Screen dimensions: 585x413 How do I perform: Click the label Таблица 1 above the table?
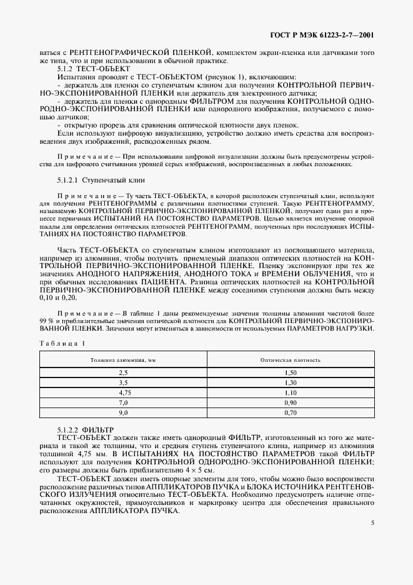pos(61,343)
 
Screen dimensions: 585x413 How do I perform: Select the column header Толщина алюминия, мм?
pos(123,360)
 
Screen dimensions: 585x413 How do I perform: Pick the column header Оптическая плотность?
pos(290,360)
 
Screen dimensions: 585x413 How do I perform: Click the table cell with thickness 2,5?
pos(123,372)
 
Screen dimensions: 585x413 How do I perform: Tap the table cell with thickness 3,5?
pos(123,382)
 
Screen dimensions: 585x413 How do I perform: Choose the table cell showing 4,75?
pos(123,392)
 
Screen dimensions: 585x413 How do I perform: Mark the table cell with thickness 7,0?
pos(123,403)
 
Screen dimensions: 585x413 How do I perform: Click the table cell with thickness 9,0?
pos(123,413)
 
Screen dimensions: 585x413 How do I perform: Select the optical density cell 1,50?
pos(290,372)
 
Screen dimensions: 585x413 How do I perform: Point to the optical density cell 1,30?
pos(290,382)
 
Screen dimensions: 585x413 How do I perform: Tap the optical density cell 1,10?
pos(290,392)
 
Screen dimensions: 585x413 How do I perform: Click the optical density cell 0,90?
pos(290,403)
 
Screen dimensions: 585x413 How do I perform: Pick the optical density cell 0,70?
pos(290,413)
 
